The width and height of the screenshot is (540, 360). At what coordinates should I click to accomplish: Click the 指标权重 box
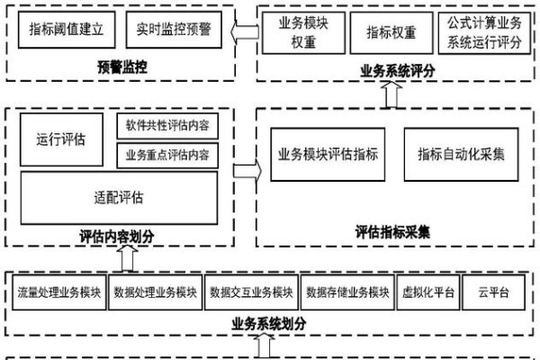[x=391, y=32]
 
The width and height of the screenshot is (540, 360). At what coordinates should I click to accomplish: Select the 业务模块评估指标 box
[x=328, y=153]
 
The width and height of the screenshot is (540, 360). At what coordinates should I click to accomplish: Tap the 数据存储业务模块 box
[x=346, y=292]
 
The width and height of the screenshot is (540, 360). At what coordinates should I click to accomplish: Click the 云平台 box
[x=494, y=292]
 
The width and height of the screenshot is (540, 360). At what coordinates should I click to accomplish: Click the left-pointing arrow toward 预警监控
[x=242, y=34]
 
